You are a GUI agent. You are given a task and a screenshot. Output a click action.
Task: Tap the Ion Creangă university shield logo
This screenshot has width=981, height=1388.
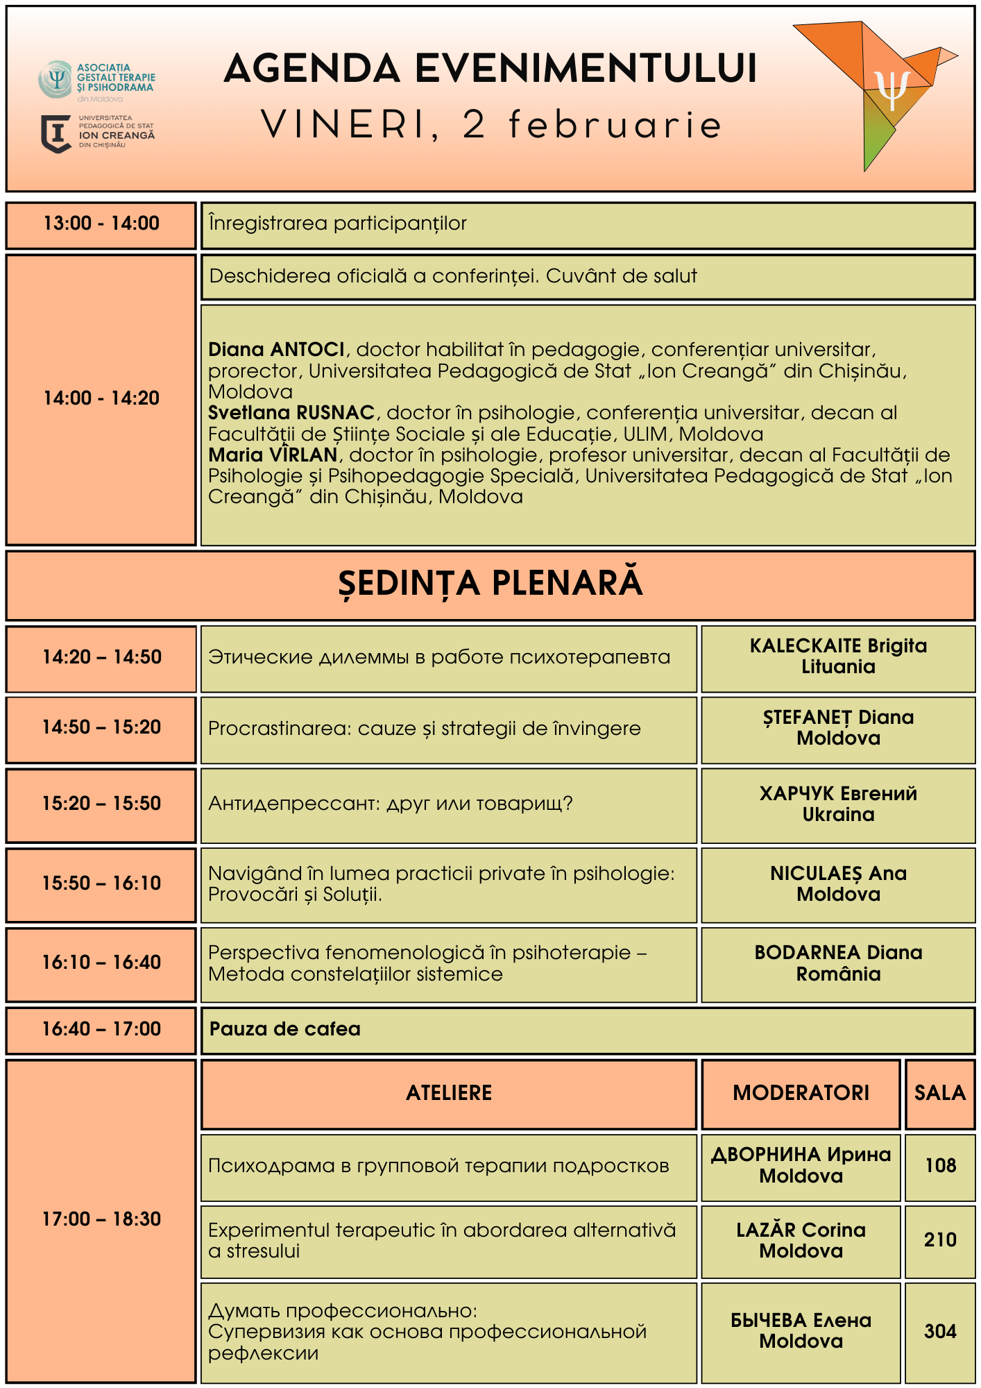[x=56, y=133]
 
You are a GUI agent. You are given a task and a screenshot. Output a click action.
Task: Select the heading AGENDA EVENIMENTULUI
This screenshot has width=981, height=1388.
[x=490, y=69]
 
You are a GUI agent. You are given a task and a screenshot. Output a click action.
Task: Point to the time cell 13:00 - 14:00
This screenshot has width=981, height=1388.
[x=101, y=223]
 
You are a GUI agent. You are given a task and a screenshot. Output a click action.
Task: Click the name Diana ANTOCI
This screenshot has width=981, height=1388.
[x=276, y=349]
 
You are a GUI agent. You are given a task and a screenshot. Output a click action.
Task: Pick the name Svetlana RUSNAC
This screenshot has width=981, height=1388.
[x=291, y=412]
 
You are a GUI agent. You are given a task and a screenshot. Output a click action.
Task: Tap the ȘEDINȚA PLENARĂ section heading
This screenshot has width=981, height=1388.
[x=490, y=584]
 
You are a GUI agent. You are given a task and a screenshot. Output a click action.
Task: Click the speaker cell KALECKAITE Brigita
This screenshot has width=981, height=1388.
[x=838, y=656]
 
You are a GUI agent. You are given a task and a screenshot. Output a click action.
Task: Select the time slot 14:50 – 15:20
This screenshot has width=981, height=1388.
[x=101, y=727]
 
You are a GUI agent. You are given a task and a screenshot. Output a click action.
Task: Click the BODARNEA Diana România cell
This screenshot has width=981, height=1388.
[x=838, y=963]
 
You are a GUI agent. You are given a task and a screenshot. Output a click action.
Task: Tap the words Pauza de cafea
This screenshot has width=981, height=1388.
[x=284, y=1029]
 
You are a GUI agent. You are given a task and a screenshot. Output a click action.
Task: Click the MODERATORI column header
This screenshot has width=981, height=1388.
[x=801, y=1092]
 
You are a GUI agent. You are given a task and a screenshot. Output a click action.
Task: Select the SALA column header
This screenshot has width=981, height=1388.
[x=940, y=1092]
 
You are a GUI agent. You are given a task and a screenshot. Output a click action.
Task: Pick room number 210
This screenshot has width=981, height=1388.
[x=940, y=1239]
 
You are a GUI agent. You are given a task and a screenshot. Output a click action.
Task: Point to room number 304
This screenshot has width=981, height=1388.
[x=940, y=1331]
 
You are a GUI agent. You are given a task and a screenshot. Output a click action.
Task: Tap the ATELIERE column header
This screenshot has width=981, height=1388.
[x=449, y=1092]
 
